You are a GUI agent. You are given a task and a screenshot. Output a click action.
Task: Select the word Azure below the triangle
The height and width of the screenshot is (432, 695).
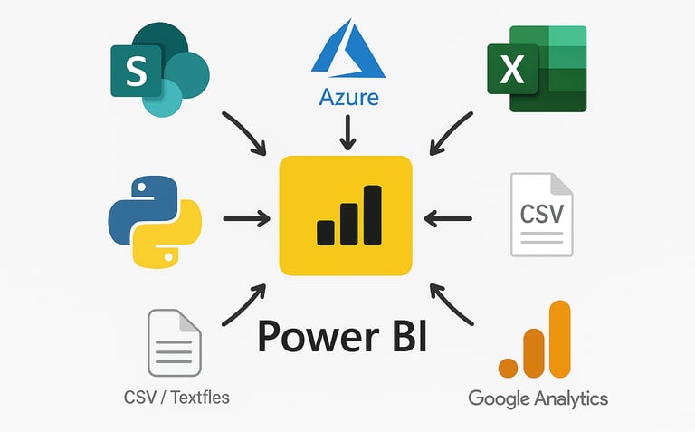click(x=347, y=96)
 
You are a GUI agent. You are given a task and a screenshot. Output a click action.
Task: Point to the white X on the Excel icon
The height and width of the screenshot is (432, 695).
click(x=511, y=70)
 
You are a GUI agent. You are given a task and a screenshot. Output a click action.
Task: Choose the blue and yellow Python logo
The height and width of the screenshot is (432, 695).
click(x=155, y=222)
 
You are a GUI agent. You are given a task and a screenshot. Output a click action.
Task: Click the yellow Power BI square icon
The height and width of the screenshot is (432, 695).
click(x=347, y=216)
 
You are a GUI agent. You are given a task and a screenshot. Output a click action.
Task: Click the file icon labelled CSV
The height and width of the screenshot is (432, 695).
click(x=541, y=214)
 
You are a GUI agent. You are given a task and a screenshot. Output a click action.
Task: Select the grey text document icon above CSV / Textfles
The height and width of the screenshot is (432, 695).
click(x=174, y=342)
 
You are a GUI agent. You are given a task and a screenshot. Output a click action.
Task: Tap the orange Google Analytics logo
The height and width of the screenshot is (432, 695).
click(x=536, y=340)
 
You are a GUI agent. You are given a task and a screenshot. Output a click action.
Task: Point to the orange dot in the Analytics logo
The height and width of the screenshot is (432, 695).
click(x=509, y=367)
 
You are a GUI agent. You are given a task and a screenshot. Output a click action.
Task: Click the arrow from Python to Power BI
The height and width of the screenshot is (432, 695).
click(x=246, y=217)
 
